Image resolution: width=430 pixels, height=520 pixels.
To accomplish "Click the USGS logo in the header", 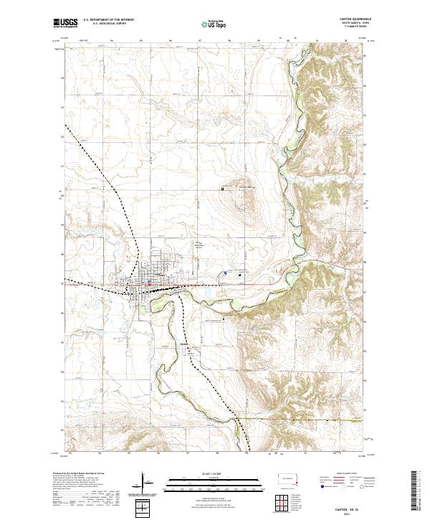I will pos(65,24).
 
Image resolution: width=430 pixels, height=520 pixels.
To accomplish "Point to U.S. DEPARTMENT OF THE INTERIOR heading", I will pos(108,19).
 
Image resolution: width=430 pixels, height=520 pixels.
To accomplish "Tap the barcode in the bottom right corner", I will pos(419,491).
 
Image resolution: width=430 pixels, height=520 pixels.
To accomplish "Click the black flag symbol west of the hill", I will pos(223,189).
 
